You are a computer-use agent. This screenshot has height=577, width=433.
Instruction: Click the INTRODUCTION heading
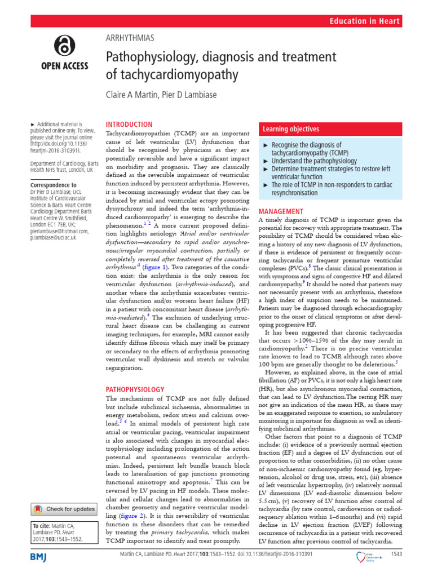pos(129,124)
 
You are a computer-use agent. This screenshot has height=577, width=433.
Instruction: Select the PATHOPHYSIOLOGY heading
pos(135,389)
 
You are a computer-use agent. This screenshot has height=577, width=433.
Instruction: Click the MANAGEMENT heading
pos(281,211)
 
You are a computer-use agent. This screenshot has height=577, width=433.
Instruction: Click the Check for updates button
pos(64,509)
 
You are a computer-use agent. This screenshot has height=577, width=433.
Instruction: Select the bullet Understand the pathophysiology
pos(314,161)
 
